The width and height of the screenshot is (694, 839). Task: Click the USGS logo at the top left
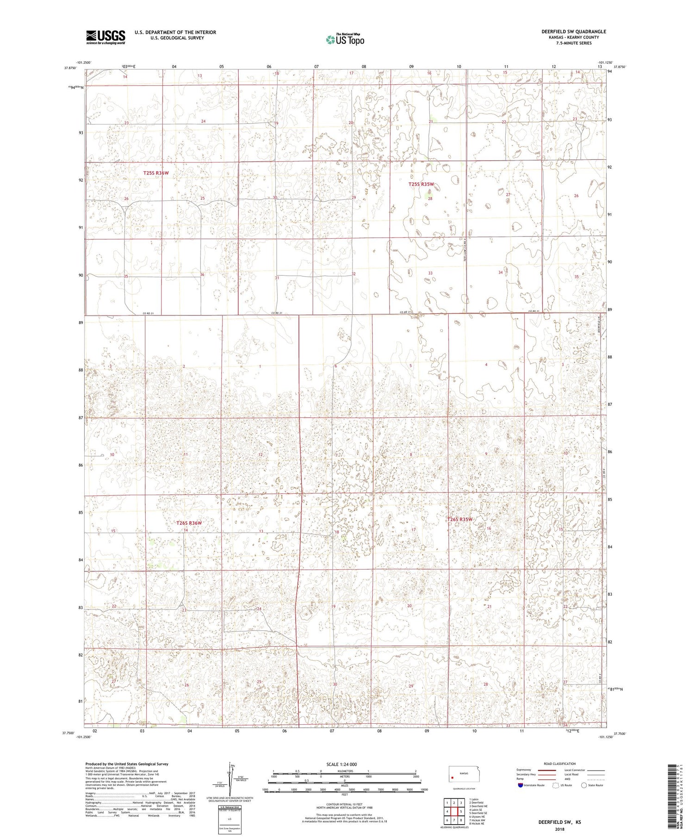pos(105,37)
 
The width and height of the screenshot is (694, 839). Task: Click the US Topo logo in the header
pos(345,40)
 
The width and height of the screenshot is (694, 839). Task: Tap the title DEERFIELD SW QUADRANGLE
pos(573,31)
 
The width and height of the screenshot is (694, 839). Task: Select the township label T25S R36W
pos(156,173)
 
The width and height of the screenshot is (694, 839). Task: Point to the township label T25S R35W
pos(421,184)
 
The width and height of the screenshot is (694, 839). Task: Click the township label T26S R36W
pos(189,523)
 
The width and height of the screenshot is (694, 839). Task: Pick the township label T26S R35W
pos(459,519)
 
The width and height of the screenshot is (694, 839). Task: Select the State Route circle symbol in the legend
pos(584,785)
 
